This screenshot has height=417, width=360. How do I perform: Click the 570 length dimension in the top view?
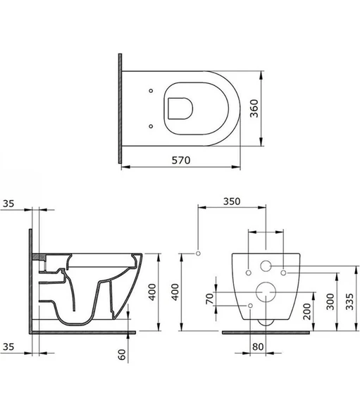click(x=182, y=159)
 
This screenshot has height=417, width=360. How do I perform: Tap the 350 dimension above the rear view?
click(x=232, y=201)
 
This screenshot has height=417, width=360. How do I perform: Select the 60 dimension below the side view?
click(x=122, y=354)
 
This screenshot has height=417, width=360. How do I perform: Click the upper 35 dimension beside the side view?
click(x=8, y=204)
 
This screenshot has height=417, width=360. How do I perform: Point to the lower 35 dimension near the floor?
click(x=8, y=347)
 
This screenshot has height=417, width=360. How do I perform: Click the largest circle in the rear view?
click(x=266, y=291)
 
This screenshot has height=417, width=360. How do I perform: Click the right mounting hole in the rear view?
click(x=283, y=271)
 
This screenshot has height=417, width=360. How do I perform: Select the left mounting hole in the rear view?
click(x=249, y=271)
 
